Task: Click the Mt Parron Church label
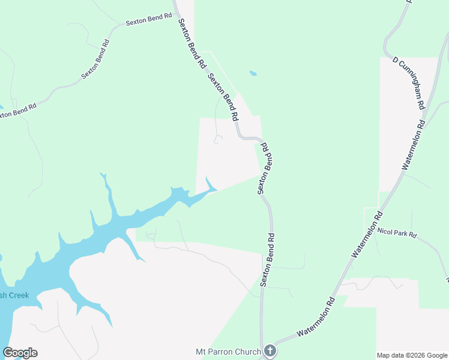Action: [229, 352]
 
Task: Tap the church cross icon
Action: [270, 351]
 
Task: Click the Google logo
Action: [20, 353]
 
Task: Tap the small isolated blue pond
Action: [253, 74]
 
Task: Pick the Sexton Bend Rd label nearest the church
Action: [268, 259]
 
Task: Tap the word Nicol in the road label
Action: [384, 230]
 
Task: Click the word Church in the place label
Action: [250, 352]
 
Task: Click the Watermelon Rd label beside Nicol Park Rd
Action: [368, 235]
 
